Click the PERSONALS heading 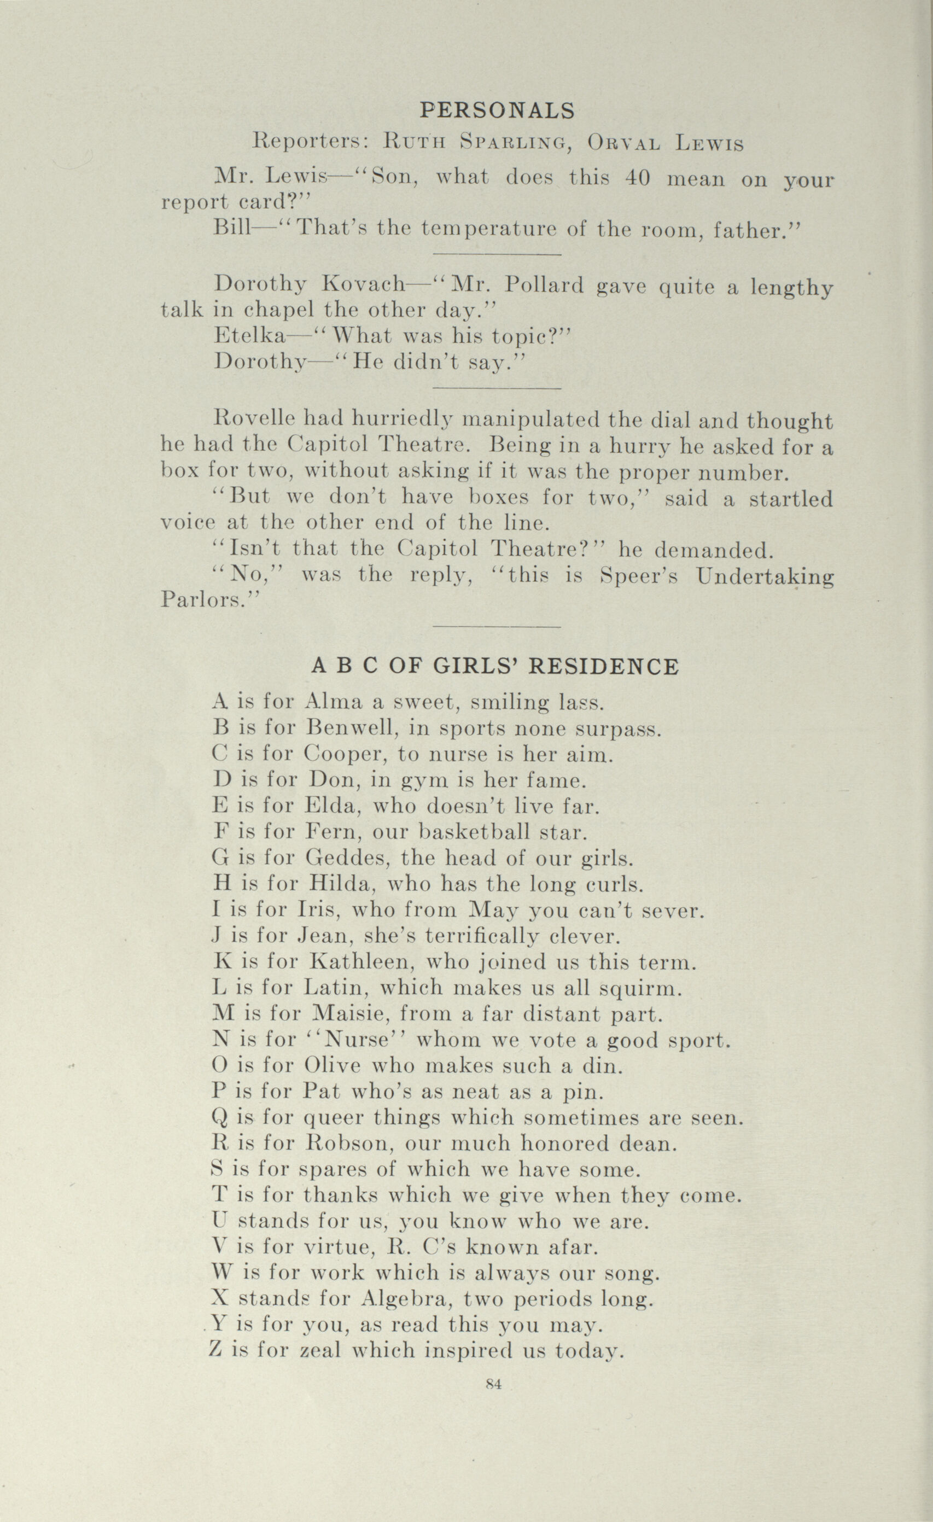click(497, 110)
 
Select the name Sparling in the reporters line click(515, 143)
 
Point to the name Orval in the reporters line click(624, 143)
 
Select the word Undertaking click(765, 576)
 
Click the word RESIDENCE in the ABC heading click(604, 667)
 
